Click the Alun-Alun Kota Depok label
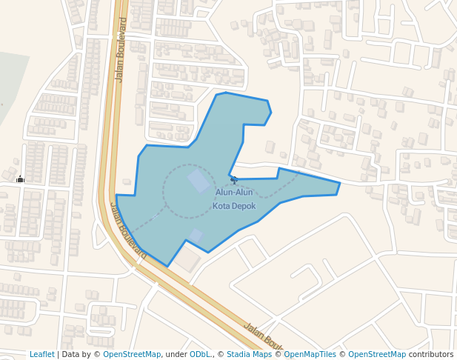(x=234, y=199)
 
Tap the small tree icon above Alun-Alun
(x=234, y=179)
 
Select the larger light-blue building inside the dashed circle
(x=199, y=181)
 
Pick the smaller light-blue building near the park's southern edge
(x=196, y=236)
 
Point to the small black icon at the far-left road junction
(x=20, y=179)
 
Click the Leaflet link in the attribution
(x=41, y=355)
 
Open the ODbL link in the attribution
(x=200, y=355)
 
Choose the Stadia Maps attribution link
(x=249, y=355)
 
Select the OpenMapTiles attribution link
(x=310, y=355)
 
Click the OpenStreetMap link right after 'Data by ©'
(x=132, y=355)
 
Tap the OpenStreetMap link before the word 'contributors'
(x=377, y=355)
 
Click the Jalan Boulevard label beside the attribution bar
(x=264, y=337)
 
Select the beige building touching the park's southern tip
(x=187, y=259)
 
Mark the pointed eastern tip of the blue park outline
(x=339, y=184)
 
